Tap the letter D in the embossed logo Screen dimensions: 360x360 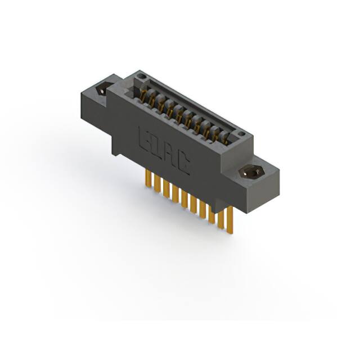tap(155, 145)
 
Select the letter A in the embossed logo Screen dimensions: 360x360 tap(169, 154)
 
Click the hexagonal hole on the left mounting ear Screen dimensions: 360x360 tap(103, 89)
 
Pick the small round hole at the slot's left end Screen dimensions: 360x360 tap(142, 76)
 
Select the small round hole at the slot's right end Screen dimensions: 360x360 tap(241, 134)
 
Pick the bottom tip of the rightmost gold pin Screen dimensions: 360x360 tap(229, 231)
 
